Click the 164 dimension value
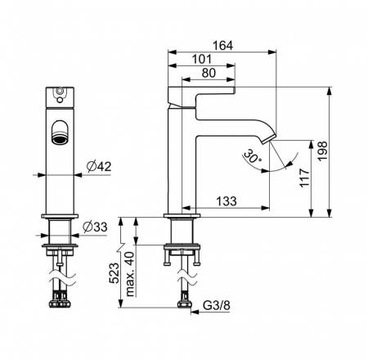click(x=222, y=45)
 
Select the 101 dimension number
click(x=202, y=59)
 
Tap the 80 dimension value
click(x=209, y=73)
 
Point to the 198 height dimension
click(x=322, y=151)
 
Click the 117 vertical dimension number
click(x=305, y=178)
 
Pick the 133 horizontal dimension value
click(x=227, y=201)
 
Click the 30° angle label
click(x=252, y=156)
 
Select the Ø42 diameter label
click(x=99, y=166)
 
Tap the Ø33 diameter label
click(x=95, y=227)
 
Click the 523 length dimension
click(x=114, y=273)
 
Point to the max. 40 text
click(x=130, y=274)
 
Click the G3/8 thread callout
click(x=217, y=305)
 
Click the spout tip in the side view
click(x=268, y=139)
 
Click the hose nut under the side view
click(x=185, y=304)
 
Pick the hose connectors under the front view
click(x=60, y=301)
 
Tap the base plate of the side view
click(x=182, y=216)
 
